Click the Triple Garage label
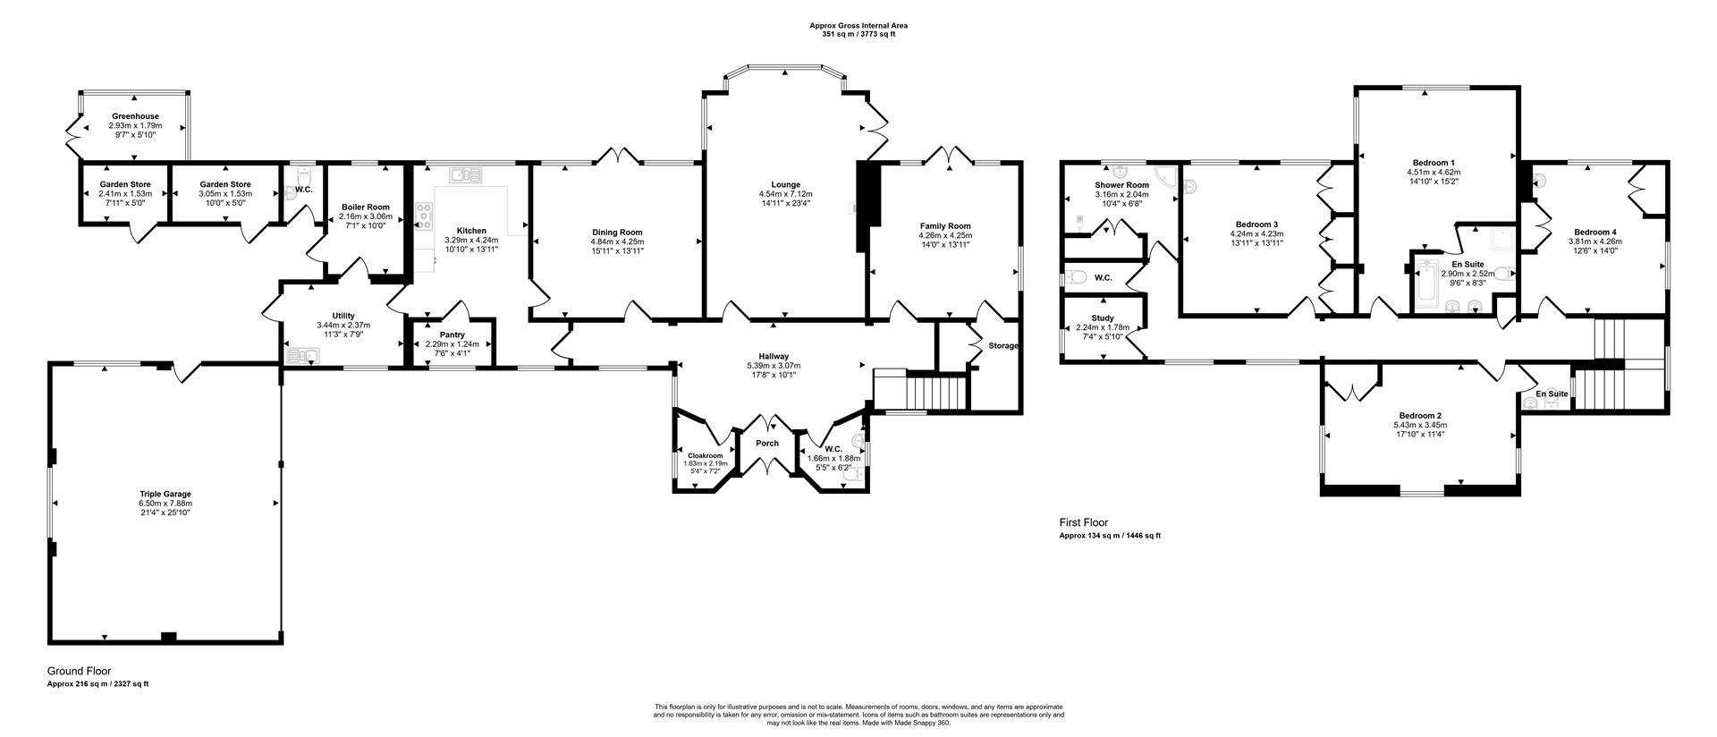(x=165, y=494)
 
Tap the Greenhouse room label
(x=135, y=116)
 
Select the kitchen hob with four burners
(x=425, y=216)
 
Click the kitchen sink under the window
(x=466, y=174)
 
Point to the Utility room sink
(x=303, y=357)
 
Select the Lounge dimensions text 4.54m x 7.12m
(x=785, y=194)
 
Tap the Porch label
(x=766, y=443)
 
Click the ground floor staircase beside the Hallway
(x=938, y=391)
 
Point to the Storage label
(x=1003, y=345)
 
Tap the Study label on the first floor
(x=1102, y=318)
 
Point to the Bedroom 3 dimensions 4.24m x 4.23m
(x=1256, y=233)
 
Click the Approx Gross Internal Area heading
(x=858, y=26)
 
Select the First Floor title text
(x=1083, y=522)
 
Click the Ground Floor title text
(x=79, y=671)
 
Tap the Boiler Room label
(x=365, y=207)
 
